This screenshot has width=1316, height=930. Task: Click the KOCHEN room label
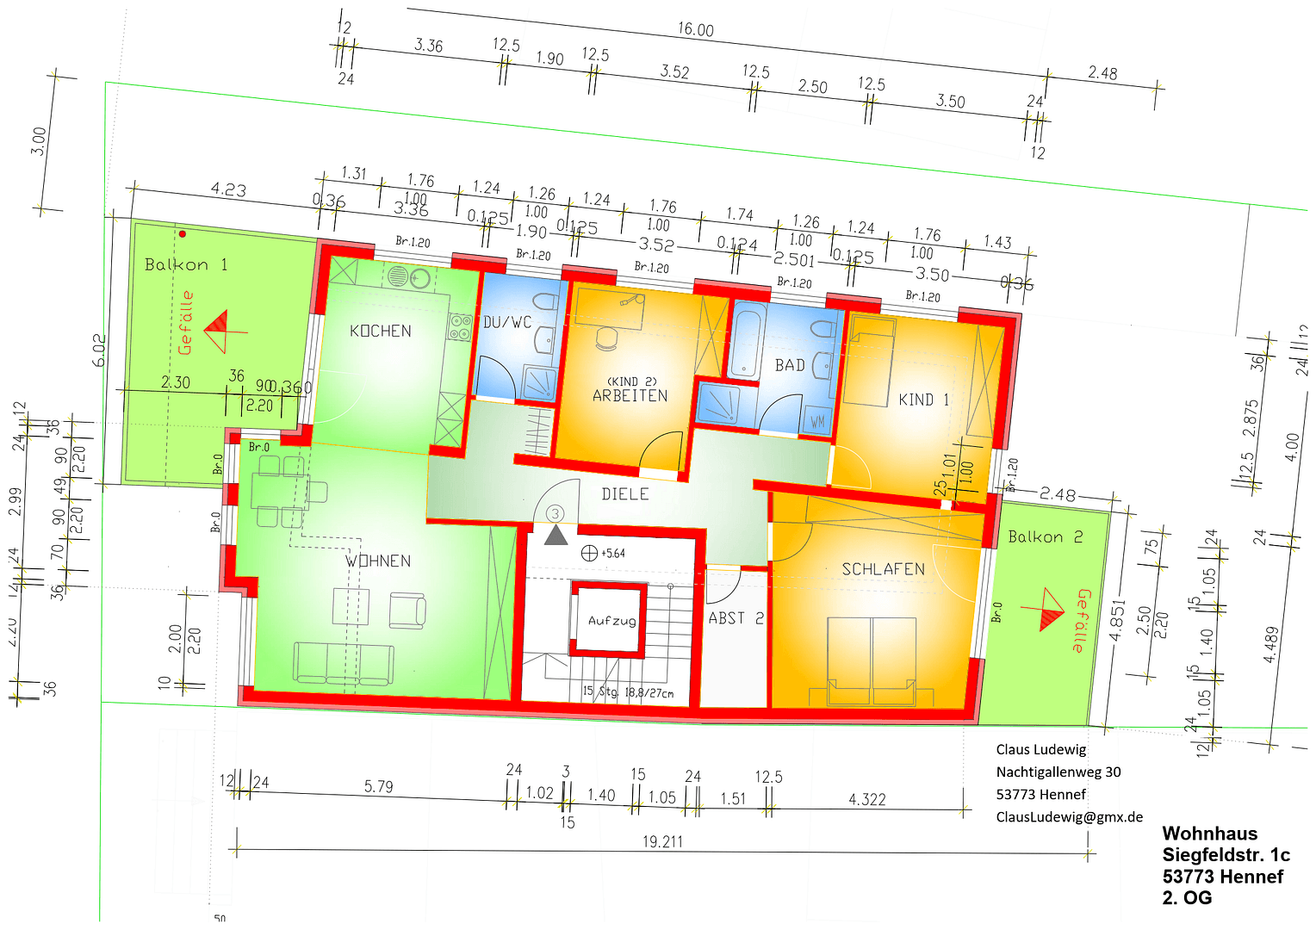[380, 331]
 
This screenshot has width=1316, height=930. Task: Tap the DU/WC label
[507, 322]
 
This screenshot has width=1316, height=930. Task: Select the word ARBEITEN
[630, 396]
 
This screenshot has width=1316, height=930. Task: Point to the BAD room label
[790, 365]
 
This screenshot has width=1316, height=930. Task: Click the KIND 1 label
[923, 400]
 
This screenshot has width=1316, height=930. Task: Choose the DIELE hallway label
[625, 494]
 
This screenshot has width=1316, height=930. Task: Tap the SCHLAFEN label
[883, 569]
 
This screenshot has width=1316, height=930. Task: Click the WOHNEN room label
[378, 561]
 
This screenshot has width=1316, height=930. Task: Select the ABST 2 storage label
[736, 618]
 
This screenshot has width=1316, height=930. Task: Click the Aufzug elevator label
[611, 620]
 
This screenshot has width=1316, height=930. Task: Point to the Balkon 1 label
[186, 264]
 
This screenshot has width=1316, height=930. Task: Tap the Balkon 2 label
[1045, 537]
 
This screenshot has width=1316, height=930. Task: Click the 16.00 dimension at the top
[695, 29]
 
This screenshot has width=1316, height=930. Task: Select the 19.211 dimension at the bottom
[661, 841]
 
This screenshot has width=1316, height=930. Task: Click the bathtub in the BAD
[746, 342]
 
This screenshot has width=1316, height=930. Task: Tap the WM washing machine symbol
[816, 422]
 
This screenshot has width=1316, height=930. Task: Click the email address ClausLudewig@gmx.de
[1069, 817]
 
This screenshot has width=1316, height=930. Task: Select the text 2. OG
[1187, 898]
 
